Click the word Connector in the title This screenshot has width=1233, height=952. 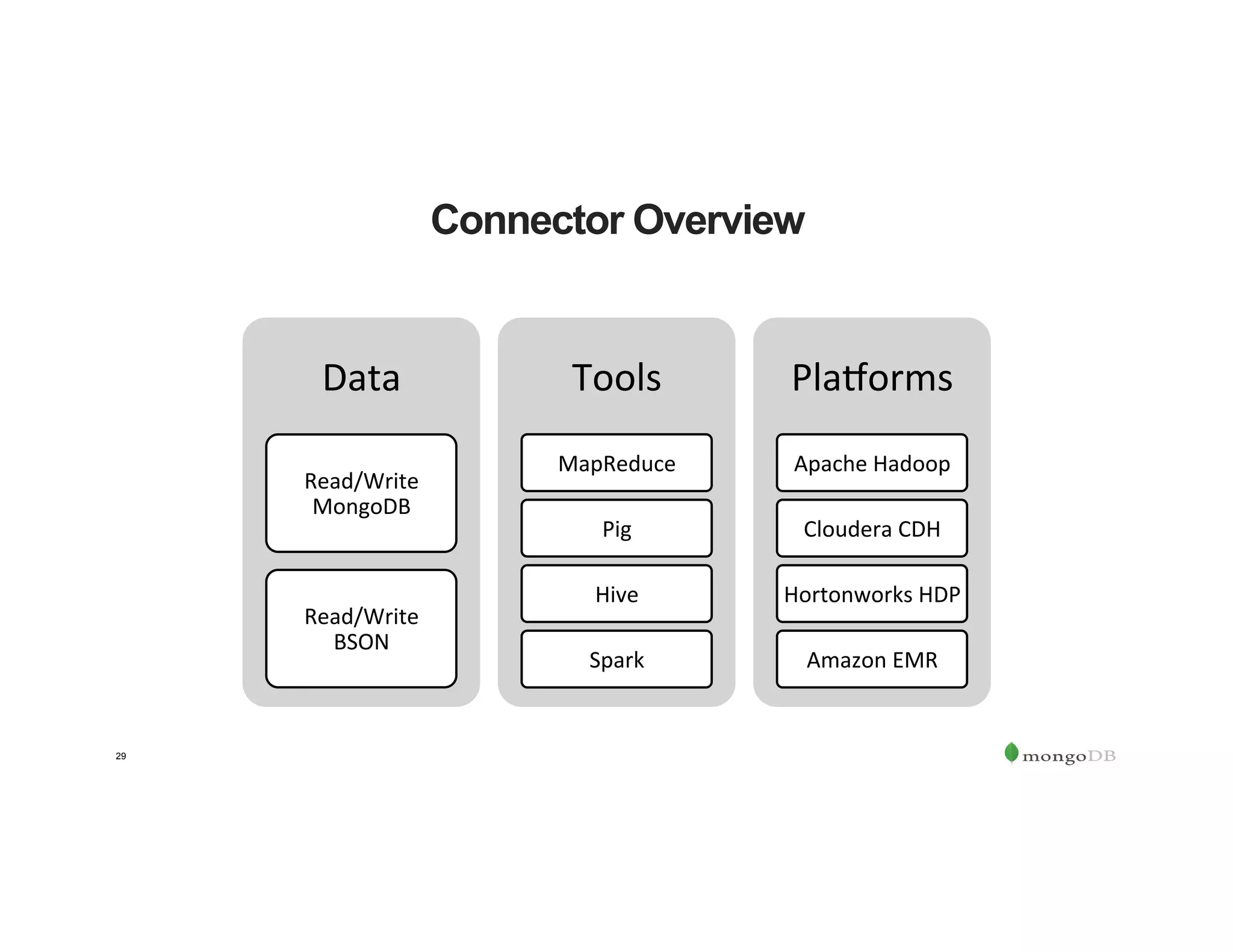tap(527, 220)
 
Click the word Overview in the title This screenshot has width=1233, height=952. tap(718, 220)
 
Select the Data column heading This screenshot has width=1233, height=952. tap(361, 378)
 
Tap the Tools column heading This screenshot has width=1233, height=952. tap(616, 378)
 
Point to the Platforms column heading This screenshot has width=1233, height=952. tap(872, 378)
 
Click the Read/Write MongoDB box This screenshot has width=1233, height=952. tap(361, 493)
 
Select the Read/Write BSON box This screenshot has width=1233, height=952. tap(361, 628)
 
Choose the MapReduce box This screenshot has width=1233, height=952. tap(616, 463)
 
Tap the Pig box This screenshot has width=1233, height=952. tap(616, 528)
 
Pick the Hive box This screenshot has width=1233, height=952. tap(616, 594)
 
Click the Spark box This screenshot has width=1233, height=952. tap(616, 660)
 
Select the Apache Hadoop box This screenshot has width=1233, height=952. tap(872, 463)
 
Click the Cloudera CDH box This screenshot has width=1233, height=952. tap(872, 528)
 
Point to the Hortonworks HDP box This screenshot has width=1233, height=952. tap(872, 594)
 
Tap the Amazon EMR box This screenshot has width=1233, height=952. tap(872, 660)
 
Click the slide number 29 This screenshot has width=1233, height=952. tap(121, 756)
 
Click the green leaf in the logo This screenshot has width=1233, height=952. tap(1011, 752)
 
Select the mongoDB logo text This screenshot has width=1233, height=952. tap(1069, 756)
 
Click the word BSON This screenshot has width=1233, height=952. tap(361, 642)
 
